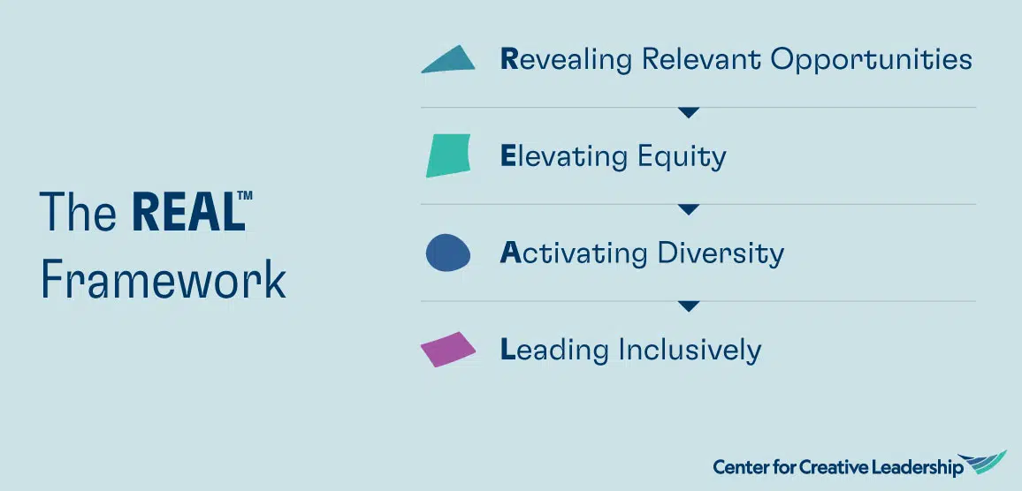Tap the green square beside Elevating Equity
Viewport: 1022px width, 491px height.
[448, 155]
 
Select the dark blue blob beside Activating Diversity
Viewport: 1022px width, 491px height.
[447, 253]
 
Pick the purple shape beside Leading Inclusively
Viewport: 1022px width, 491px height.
[447, 350]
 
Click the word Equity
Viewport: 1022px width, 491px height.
[682, 157]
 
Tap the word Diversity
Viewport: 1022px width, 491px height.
[721, 253]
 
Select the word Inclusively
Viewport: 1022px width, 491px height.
[690, 351]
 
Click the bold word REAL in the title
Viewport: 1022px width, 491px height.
[188, 212]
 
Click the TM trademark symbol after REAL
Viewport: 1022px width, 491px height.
[244, 195]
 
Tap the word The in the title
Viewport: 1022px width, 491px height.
[78, 212]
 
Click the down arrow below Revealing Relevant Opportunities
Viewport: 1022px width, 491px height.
[689, 113]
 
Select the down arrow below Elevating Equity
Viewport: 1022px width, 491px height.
[689, 209]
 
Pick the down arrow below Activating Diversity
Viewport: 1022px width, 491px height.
[689, 306]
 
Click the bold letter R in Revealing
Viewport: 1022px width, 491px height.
[509, 59]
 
